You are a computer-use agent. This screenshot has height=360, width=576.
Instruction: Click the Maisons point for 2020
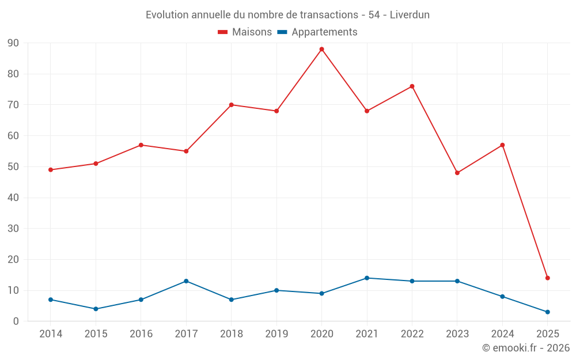tap(321, 50)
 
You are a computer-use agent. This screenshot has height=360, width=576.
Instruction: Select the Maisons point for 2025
tap(548, 278)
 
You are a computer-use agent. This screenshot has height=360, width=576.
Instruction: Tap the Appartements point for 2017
tap(186, 281)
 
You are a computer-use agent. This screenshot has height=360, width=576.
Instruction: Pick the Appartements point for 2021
tap(367, 278)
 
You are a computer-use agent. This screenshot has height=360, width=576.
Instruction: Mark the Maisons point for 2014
tap(51, 170)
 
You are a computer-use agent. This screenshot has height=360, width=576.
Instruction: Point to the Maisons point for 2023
tap(457, 173)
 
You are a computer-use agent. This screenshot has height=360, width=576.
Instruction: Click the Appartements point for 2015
tap(96, 309)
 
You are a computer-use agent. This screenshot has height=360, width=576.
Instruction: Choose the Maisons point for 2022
tap(412, 86)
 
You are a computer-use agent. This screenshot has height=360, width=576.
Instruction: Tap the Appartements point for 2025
tap(548, 312)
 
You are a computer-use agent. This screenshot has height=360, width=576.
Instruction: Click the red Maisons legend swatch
tap(223, 32)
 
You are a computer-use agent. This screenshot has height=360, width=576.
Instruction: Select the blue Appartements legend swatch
tap(282, 32)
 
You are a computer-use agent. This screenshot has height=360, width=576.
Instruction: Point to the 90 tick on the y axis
tap(13, 43)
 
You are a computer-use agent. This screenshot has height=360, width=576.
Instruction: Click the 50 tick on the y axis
tap(13, 167)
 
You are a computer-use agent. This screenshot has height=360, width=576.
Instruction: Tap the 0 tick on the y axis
tap(16, 321)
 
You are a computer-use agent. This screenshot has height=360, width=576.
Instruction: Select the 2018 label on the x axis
tap(231, 334)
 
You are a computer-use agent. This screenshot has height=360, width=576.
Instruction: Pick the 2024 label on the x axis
tap(502, 334)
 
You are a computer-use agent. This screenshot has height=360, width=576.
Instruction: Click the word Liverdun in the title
tap(410, 15)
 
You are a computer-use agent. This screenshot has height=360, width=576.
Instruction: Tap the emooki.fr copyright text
tap(526, 348)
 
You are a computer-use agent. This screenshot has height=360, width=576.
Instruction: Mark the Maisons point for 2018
tap(231, 105)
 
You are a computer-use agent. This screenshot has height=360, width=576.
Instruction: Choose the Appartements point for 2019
tap(276, 290)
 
